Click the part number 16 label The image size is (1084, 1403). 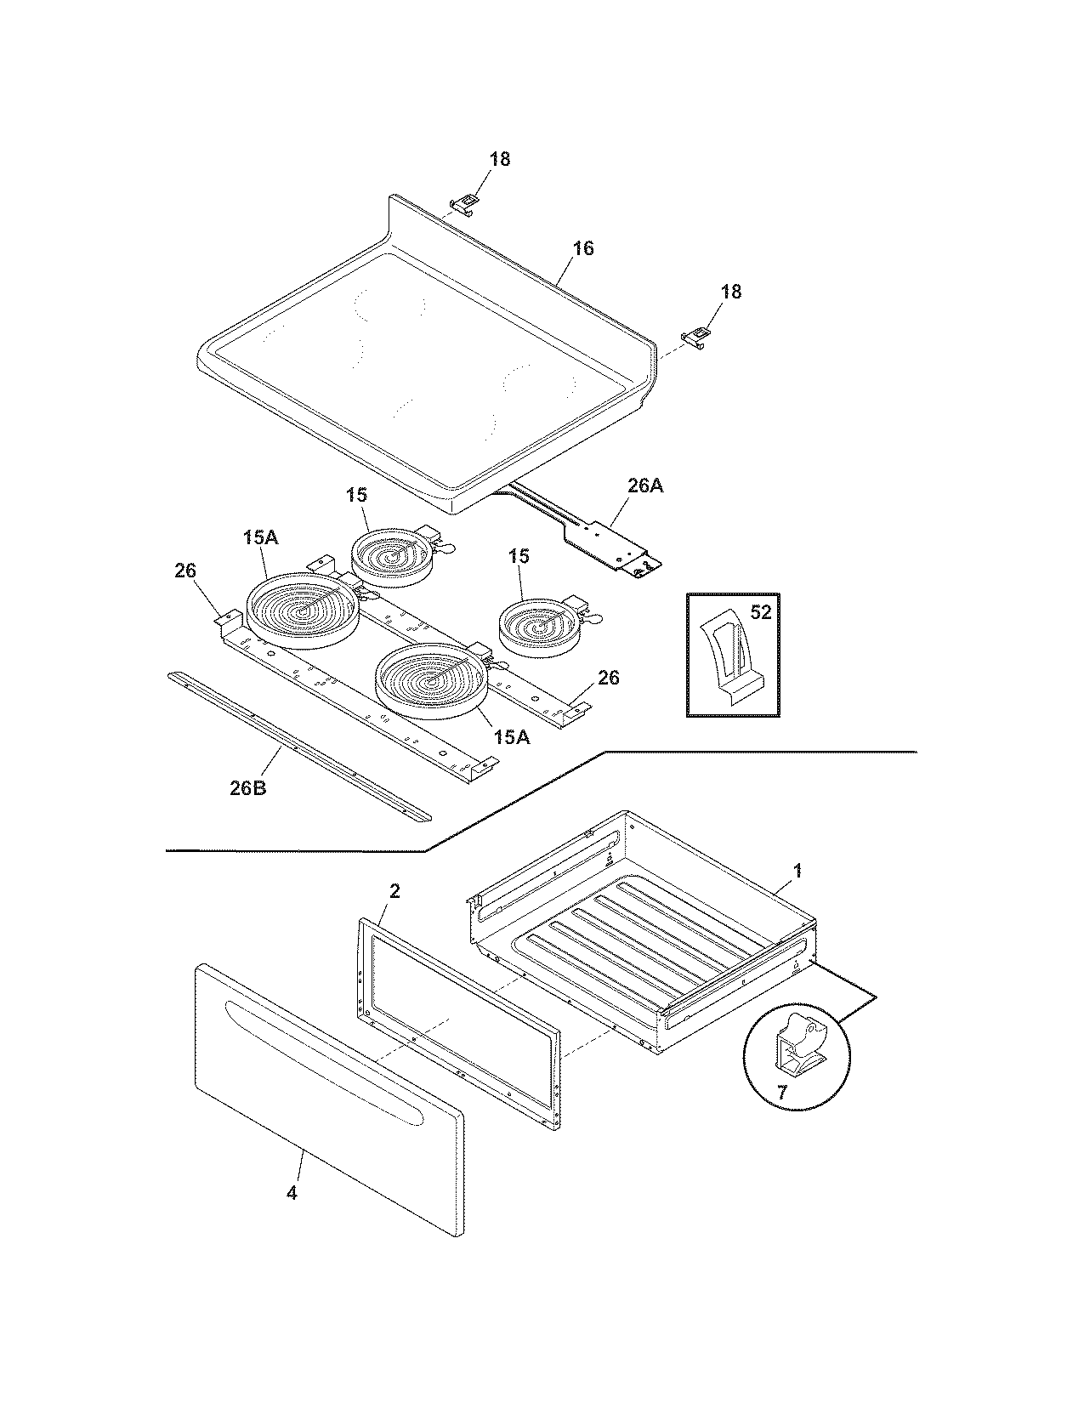pyautogui.click(x=582, y=249)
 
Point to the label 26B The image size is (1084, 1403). pyautogui.click(x=248, y=787)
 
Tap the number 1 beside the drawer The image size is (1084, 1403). pyautogui.click(x=797, y=871)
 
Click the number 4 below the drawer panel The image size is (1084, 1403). pyautogui.click(x=292, y=1193)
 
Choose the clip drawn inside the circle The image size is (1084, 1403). pyautogui.click(x=800, y=1042)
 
